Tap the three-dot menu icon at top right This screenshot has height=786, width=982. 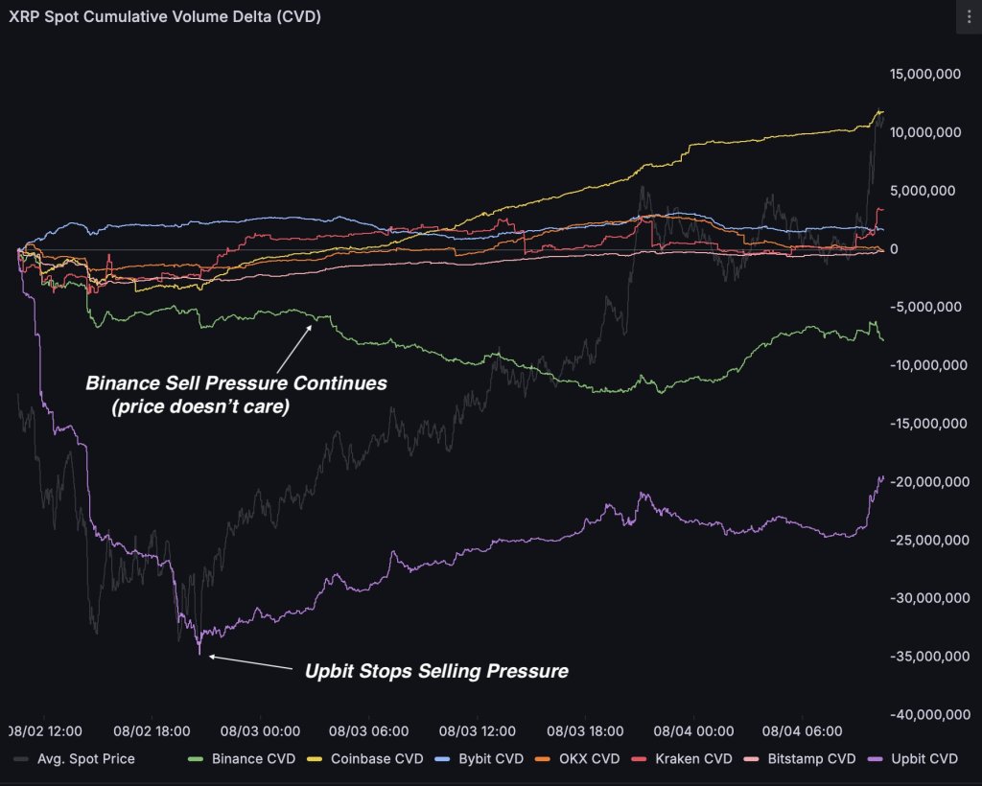[x=964, y=16]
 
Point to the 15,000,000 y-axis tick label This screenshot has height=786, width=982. [x=925, y=74]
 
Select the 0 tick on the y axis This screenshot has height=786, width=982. [x=894, y=249]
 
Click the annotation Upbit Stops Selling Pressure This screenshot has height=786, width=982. [x=436, y=671]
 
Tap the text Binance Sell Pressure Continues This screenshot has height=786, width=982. [x=236, y=382]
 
